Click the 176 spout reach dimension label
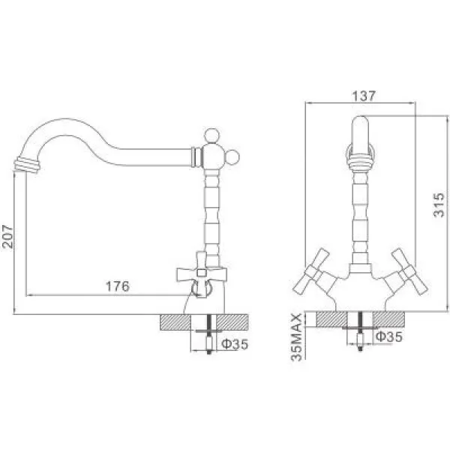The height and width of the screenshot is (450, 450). point(118,286)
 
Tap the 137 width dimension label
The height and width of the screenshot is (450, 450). point(364,96)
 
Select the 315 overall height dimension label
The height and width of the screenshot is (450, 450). point(439,205)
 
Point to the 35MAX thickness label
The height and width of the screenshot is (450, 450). point(296,337)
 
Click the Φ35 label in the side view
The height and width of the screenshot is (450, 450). point(235,343)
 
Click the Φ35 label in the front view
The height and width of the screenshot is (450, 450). point(389,336)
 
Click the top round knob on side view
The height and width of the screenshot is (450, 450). point(211,136)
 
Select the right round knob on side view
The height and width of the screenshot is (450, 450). point(232,157)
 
